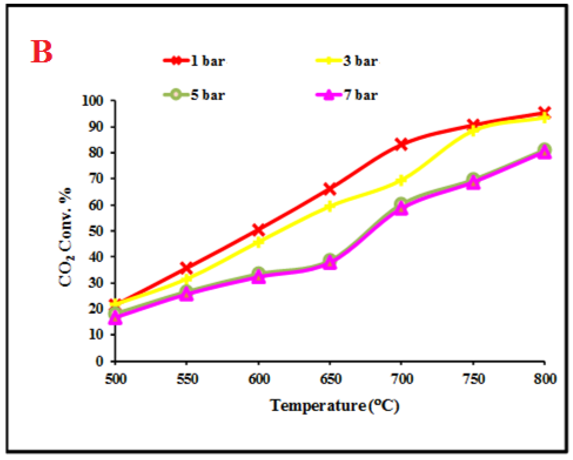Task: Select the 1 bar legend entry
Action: click(x=194, y=61)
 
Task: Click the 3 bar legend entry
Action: click(x=347, y=61)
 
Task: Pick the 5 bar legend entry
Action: click(x=194, y=95)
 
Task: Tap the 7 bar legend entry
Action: click(x=347, y=95)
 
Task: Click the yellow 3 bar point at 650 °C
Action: click(x=330, y=206)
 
